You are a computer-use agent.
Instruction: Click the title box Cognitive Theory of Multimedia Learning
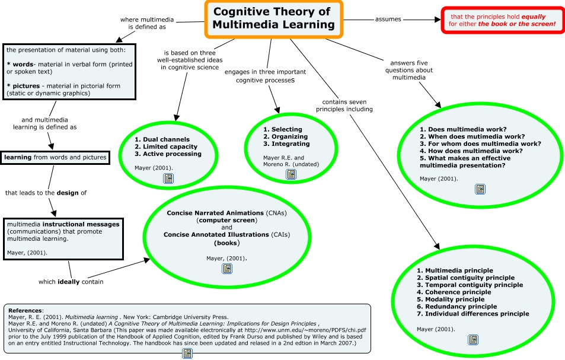[273, 18]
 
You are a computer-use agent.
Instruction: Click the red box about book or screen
[502, 20]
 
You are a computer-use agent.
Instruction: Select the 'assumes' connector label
[388, 19]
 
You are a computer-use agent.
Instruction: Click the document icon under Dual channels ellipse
[168, 178]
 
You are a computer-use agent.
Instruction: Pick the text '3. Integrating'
[286, 144]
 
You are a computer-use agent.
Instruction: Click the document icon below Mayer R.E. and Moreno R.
[291, 174]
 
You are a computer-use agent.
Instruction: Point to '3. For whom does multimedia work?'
[480, 144]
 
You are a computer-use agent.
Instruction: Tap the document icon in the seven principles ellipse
[473, 340]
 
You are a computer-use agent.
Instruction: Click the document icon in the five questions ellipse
[480, 189]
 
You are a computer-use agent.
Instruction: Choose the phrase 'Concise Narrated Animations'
[215, 213]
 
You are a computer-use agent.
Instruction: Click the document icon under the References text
[187, 353]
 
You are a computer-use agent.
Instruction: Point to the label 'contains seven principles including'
[344, 105]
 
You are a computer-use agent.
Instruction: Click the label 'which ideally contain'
[71, 282]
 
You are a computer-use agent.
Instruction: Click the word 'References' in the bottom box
[25, 310]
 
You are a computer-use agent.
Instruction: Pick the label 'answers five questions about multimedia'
[409, 70]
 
